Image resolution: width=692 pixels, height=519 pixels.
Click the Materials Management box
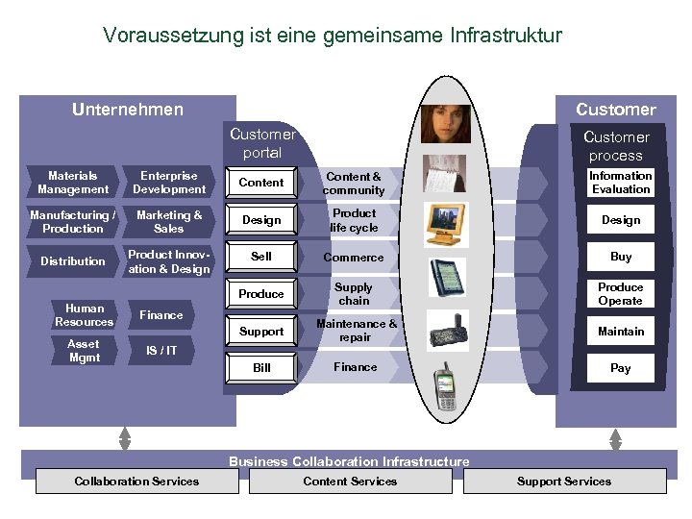pyautogui.click(x=73, y=183)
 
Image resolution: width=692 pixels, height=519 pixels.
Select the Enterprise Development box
pyautogui.click(x=169, y=183)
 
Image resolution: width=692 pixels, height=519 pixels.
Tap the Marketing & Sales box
pyautogui.click(x=169, y=222)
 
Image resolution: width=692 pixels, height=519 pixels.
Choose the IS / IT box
pyautogui.click(x=161, y=351)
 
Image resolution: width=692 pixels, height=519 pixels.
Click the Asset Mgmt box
pyautogui.click(x=83, y=351)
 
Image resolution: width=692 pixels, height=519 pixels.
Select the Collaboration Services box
pyautogui.click(x=136, y=482)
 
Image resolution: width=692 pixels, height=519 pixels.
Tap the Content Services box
pyautogui.click(x=350, y=482)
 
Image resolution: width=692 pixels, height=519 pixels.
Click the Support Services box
pyautogui.click(x=564, y=482)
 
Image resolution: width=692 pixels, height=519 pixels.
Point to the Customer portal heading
pyautogui.click(x=262, y=143)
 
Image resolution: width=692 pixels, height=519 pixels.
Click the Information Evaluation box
pyautogui.click(x=620, y=183)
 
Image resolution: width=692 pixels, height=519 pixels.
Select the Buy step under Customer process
pyautogui.click(x=621, y=258)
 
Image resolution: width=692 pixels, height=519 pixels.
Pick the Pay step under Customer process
pyautogui.click(x=621, y=368)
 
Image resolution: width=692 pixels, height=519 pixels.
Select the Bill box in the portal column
pyautogui.click(x=261, y=368)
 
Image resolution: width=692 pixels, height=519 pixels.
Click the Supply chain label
pyautogui.click(x=354, y=294)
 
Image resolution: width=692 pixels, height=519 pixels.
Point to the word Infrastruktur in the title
pyautogui.click(x=505, y=37)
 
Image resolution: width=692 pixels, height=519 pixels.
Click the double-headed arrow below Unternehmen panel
pyautogui.click(x=125, y=438)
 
